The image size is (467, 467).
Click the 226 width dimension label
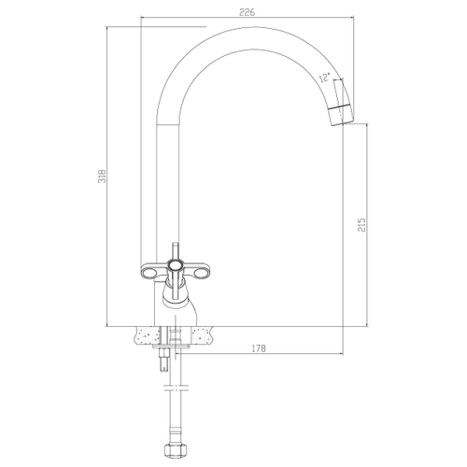tap(247, 12)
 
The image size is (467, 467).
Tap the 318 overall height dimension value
tap(102, 177)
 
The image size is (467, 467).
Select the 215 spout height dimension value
tap(361, 224)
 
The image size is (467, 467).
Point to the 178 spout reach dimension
tap(259, 348)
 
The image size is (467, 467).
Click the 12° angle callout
tap(325, 78)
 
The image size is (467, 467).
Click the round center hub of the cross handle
tap(175, 265)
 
